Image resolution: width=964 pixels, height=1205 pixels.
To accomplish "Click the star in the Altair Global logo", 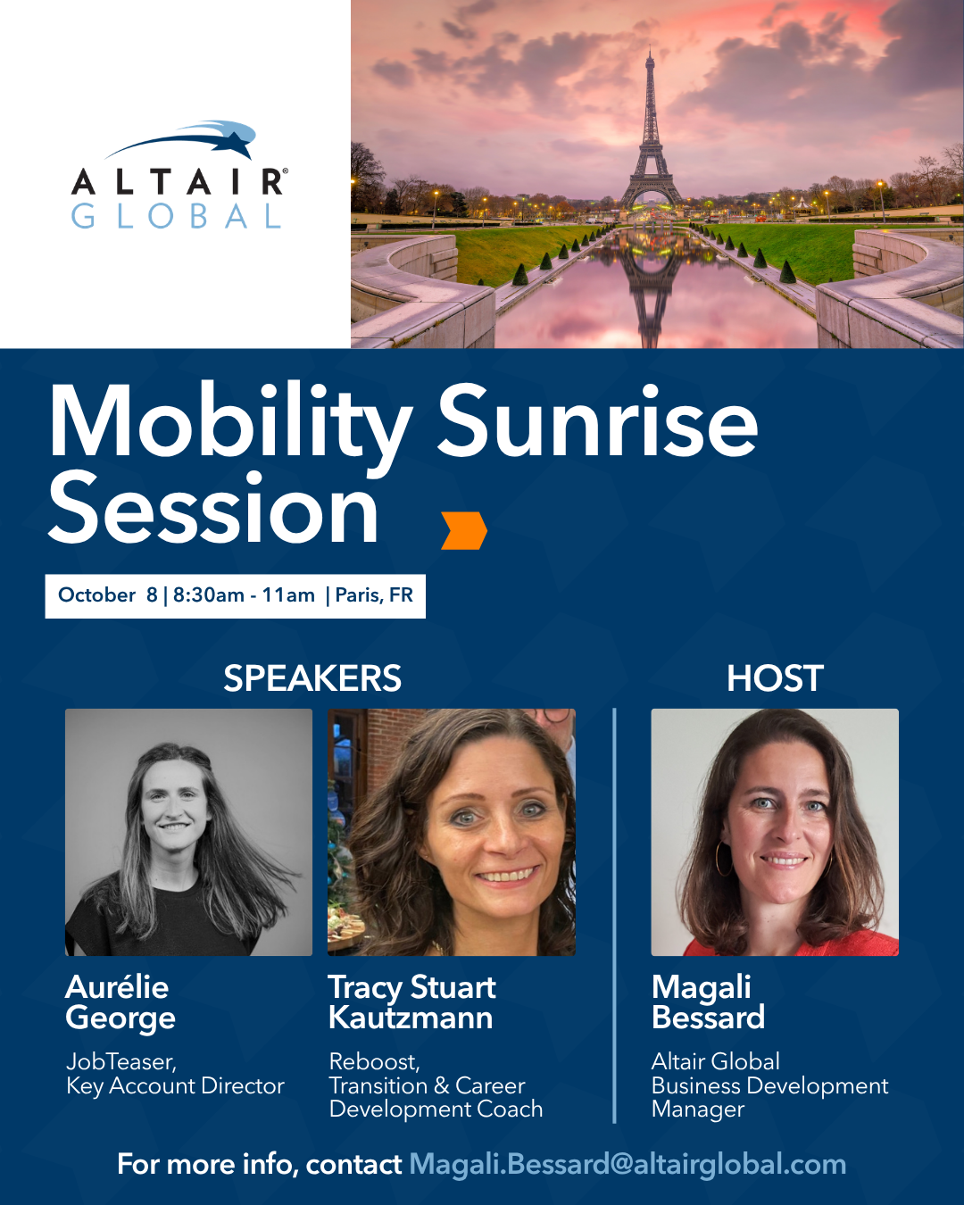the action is point(236,143).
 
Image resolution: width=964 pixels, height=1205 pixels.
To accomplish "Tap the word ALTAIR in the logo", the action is point(179,182).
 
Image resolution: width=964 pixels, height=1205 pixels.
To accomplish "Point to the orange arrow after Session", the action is point(464,530).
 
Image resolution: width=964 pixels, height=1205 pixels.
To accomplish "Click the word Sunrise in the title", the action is point(597,423).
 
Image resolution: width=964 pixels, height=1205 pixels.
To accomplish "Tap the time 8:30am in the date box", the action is point(208,595).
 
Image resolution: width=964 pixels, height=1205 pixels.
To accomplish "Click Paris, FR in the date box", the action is point(374,595).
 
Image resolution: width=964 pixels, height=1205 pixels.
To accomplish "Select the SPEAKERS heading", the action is point(312,678).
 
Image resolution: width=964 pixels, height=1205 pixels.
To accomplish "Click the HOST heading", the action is point(776,678).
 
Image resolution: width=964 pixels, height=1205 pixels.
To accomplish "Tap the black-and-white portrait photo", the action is point(188,832).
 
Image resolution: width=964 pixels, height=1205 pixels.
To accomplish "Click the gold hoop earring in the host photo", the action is point(724,859).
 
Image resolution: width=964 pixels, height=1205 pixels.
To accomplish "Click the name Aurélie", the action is point(117,986).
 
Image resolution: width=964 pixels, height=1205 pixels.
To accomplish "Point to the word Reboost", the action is point(374,1061).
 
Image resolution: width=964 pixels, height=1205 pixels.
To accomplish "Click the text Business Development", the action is point(770,1086).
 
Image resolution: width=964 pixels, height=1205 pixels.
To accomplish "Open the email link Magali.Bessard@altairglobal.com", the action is point(627,1164).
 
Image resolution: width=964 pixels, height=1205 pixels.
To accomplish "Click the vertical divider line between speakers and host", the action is point(614,916).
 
